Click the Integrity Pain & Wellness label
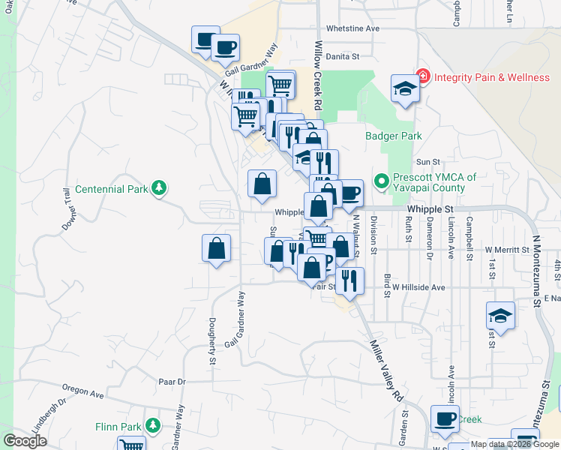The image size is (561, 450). pyautogui.click(x=492, y=77)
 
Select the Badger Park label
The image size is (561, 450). pyautogui.click(x=393, y=136)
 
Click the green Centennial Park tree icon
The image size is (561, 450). pyautogui.click(x=158, y=187)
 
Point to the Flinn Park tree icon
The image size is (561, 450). pyautogui.click(x=152, y=426)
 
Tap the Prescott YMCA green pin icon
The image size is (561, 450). pyautogui.click(x=381, y=181)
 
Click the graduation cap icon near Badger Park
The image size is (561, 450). pyautogui.click(x=404, y=89)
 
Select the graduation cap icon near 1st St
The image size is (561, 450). pyautogui.click(x=500, y=316)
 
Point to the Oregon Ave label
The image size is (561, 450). pyautogui.click(x=83, y=392)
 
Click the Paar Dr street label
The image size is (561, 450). pyautogui.click(x=172, y=382)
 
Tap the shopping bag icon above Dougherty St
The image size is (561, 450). pyautogui.click(x=216, y=249)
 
